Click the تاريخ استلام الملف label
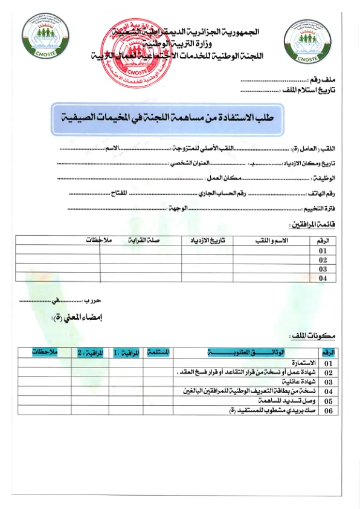pyautogui.click(x=309, y=90)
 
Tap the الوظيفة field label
pyautogui.click(x=325, y=178)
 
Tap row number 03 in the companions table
pyautogui.click(x=322, y=268)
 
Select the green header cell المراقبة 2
pyautogui.click(x=90, y=352)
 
